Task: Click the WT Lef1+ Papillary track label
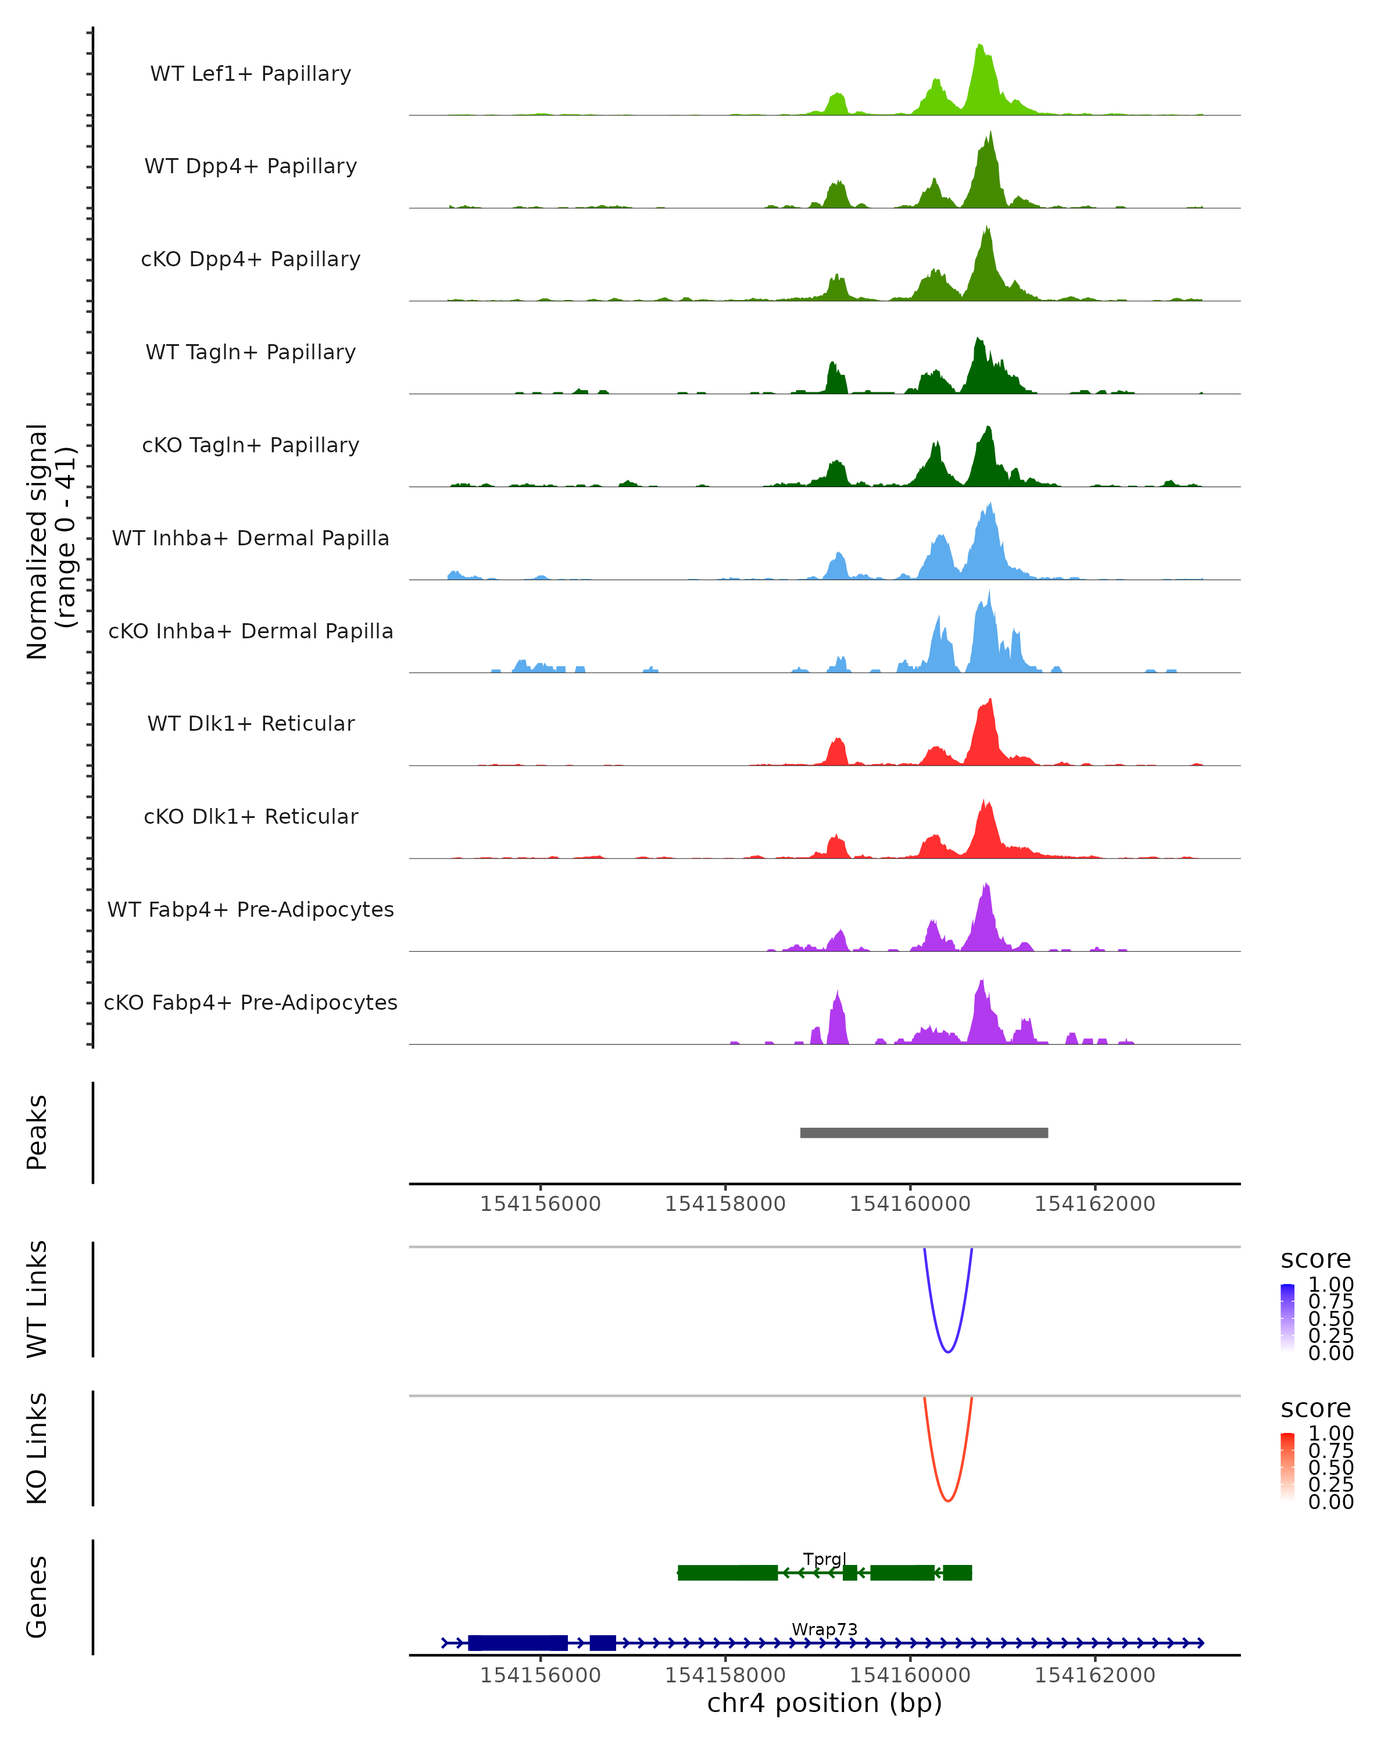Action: click(x=251, y=74)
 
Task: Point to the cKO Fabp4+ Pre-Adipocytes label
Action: click(x=251, y=1002)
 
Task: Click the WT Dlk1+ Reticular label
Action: click(x=251, y=723)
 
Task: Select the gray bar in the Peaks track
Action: click(x=924, y=1132)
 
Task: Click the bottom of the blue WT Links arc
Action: click(x=948, y=1351)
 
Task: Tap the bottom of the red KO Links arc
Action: click(x=948, y=1500)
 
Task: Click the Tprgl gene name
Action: click(x=824, y=1558)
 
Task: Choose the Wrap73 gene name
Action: click(x=824, y=1628)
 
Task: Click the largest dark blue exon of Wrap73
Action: click(x=517, y=1643)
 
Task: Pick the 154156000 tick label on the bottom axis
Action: click(x=540, y=1674)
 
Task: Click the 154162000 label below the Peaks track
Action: click(x=1095, y=1204)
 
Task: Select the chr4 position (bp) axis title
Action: click(x=824, y=1703)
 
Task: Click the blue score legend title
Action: click(x=1315, y=1259)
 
